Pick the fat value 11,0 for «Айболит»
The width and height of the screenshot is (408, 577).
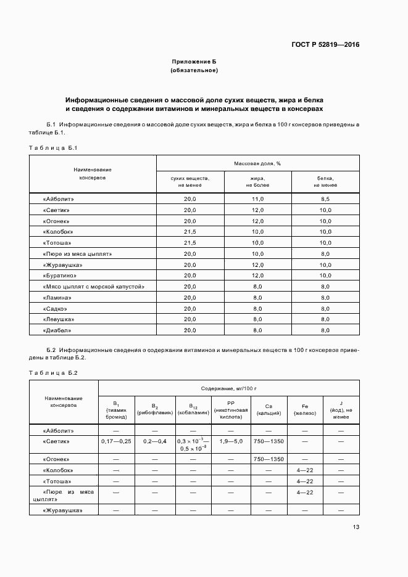click(x=257, y=199)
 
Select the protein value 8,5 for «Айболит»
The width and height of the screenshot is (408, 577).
click(x=325, y=199)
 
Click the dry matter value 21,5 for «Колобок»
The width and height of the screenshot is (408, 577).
click(x=189, y=232)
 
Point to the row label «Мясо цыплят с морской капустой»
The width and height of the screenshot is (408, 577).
click(x=94, y=287)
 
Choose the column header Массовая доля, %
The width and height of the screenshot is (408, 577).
click(x=257, y=163)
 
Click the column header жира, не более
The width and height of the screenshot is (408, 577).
click(x=257, y=181)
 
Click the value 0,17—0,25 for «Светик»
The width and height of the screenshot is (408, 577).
click(x=116, y=441)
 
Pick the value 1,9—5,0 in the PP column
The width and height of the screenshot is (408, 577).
click(x=231, y=441)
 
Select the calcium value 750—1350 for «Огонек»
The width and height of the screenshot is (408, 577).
click(x=269, y=459)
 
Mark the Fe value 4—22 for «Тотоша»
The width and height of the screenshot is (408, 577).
click(x=305, y=481)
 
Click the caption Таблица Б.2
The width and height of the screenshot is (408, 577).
click(x=53, y=373)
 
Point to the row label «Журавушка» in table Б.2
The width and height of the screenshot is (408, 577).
click(x=62, y=510)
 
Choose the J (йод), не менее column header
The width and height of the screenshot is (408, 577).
click(x=341, y=410)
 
